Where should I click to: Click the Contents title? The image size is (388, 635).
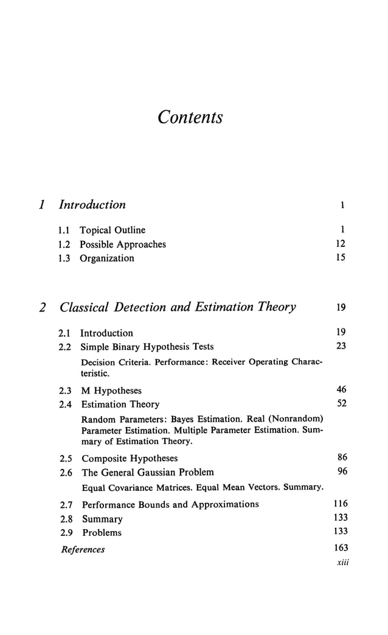tap(190, 117)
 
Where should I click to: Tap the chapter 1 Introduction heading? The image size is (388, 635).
tap(92, 205)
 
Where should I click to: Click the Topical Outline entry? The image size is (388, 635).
tap(113, 231)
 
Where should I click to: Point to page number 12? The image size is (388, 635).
tap(341, 245)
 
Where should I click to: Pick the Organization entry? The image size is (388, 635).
tap(108, 259)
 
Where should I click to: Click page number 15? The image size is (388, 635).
tap(341, 259)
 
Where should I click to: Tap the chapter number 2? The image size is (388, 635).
tap(42, 308)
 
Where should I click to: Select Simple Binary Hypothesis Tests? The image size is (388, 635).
tap(147, 347)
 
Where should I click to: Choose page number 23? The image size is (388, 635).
tap(341, 347)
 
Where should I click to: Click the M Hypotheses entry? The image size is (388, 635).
tap(111, 390)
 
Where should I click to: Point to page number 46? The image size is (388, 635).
tap(341, 390)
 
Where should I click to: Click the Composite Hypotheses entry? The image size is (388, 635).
tap(130, 459)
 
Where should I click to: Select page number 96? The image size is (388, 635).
tap(342, 472)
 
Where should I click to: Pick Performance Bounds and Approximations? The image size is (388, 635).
tap(170, 504)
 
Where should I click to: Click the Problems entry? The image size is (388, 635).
tap(102, 533)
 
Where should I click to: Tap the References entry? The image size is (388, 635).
tap(83, 550)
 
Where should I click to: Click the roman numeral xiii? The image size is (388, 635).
tap(342, 563)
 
